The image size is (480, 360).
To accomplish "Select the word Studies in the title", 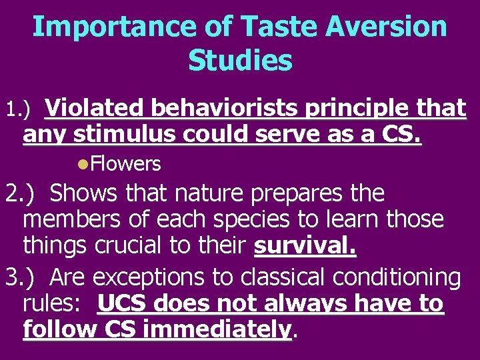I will click(240, 60).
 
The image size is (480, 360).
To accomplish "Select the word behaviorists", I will click(227, 107).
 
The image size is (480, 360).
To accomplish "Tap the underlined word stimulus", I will click(124, 135).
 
